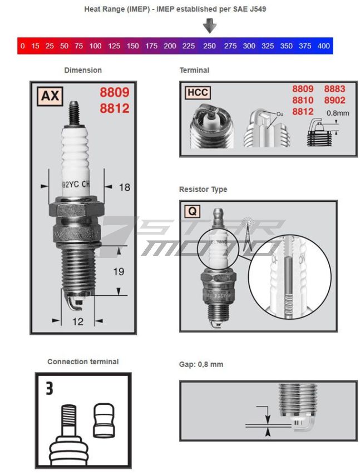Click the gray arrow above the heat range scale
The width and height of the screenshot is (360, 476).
point(209,26)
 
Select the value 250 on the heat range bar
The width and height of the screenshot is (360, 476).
point(209,46)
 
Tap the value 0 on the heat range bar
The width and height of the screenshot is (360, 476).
point(22,46)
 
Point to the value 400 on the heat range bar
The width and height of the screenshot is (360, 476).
point(324,46)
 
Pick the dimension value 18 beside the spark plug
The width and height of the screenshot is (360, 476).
point(125,187)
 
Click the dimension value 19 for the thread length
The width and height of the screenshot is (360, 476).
point(119,271)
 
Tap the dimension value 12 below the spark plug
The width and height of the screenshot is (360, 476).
point(77,321)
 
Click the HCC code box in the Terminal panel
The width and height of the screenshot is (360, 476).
point(198,92)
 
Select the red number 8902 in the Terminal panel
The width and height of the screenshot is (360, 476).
point(334,100)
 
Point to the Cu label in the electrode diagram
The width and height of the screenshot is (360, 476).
point(280,114)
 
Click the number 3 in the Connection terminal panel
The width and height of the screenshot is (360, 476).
point(50,388)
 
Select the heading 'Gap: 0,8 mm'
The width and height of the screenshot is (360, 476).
point(201,365)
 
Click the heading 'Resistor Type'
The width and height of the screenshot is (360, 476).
point(203,190)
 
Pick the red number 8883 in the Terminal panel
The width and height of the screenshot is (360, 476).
point(334,89)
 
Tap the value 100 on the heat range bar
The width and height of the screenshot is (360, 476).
point(96,46)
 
